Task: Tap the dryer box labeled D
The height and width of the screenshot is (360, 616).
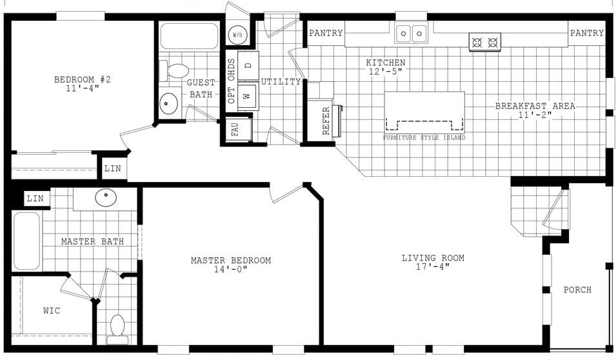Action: click(248, 65)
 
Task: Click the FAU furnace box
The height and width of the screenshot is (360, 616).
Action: click(236, 129)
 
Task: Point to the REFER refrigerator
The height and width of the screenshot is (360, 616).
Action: click(319, 119)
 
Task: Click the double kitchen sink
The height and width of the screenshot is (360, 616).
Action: click(412, 33)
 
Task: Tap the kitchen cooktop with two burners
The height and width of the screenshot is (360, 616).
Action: click(485, 43)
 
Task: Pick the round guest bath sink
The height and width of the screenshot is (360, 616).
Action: click(169, 102)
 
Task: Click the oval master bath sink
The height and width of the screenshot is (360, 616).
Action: click(106, 197)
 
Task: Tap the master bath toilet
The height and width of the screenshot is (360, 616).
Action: click(117, 326)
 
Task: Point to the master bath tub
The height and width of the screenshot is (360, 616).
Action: click(27, 241)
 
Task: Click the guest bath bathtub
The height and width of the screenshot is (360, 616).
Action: click(189, 36)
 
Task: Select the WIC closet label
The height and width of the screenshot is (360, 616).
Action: click(52, 311)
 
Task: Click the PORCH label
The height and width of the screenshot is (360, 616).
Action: click(577, 290)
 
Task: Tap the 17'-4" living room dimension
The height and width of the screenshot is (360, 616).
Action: click(433, 267)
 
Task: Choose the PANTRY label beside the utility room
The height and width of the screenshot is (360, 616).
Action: click(326, 34)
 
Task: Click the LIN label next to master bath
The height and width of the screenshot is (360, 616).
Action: click(35, 199)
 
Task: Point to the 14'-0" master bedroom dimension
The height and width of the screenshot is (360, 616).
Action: click(231, 270)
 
